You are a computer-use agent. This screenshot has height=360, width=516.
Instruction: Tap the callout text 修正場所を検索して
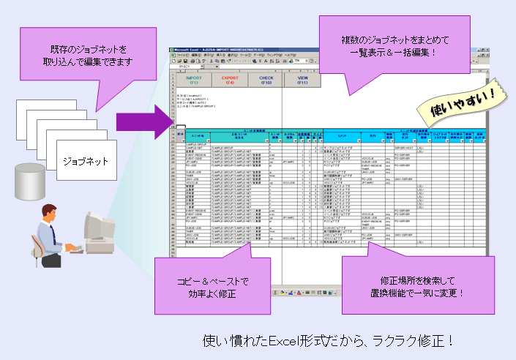(x=419, y=280)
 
